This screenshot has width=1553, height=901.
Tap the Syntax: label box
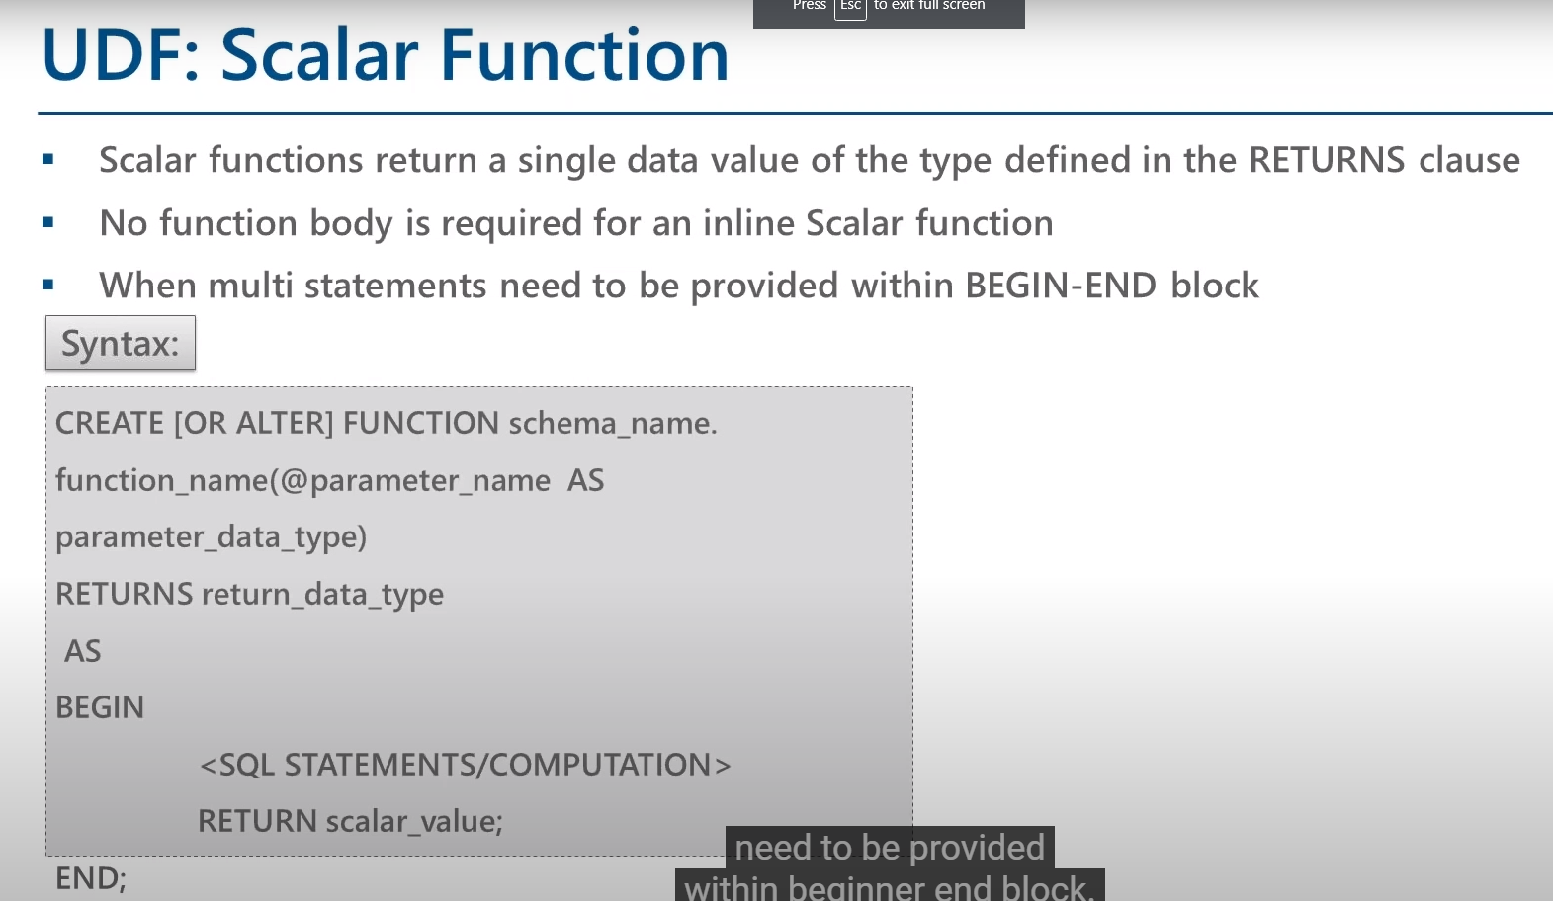[121, 343]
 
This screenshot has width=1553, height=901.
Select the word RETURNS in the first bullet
[1326, 160]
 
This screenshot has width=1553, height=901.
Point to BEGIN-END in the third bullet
[1060, 286]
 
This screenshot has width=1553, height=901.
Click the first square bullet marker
[47, 159]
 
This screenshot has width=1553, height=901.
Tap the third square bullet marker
[47, 286]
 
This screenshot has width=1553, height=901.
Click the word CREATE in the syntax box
[110, 423]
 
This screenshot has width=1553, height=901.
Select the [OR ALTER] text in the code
[254, 423]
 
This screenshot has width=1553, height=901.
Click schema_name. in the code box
[612, 423]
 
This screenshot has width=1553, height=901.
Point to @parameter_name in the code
[415, 480]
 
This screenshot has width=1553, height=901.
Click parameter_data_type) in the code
[211, 536]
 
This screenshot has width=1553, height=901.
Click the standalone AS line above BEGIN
[82, 651]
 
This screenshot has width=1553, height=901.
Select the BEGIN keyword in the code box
[100, 707]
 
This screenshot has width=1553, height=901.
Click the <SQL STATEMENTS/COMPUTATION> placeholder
[465, 765]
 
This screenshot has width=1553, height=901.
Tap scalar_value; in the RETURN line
[413, 821]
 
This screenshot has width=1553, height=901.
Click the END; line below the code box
[90, 878]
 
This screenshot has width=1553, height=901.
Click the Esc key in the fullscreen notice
[850, 7]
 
